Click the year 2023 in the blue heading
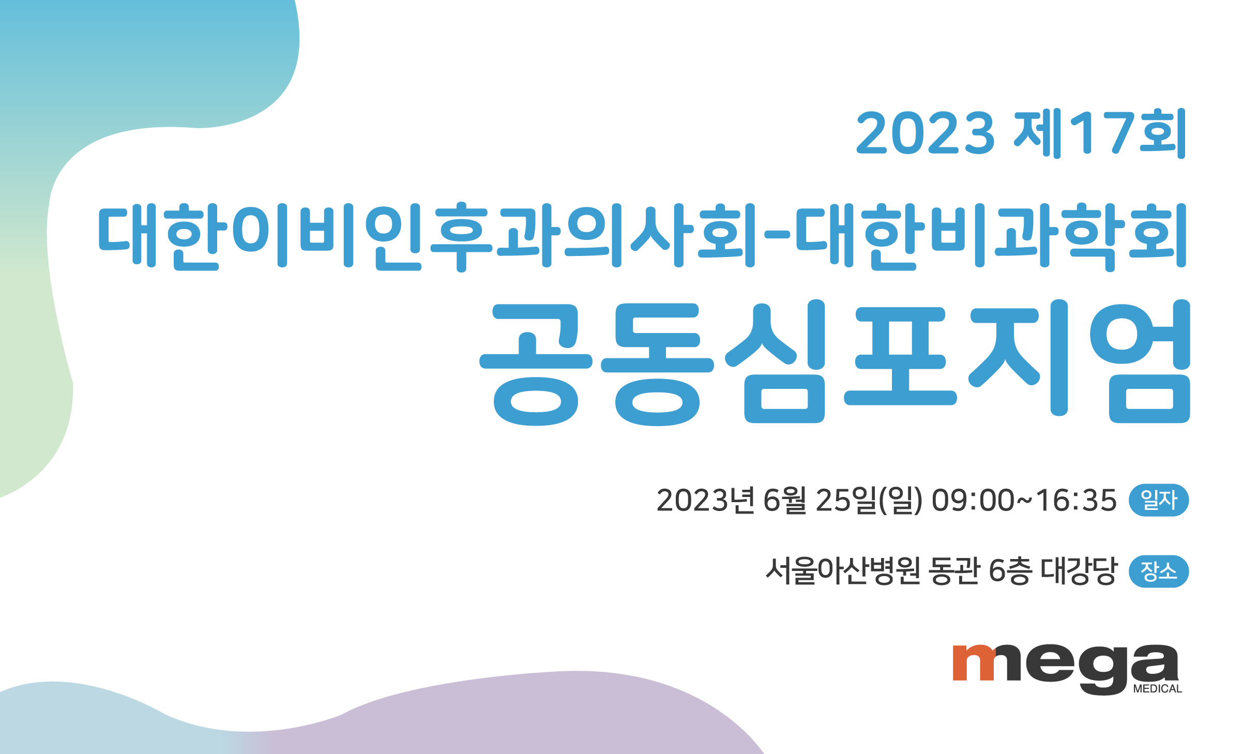tap(925, 133)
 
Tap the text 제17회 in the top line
tap(1100, 133)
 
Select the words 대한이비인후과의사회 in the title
tap(427, 237)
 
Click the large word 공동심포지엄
tap(835, 362)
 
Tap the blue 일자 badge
tap(1159, 500)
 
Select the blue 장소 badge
tap(1159, 571)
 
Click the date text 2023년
tap(706, 500)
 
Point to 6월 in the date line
tap(785, 500)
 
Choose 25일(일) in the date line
tap(869, 500)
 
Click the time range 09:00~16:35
tap(1024, 500)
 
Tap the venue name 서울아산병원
tap(843, 571)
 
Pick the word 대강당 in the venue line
tap(1079, 571)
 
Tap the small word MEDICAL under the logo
tap(1158, 689)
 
